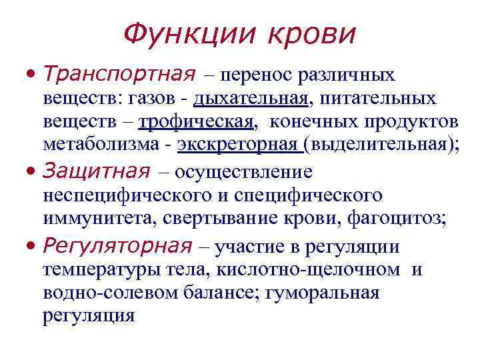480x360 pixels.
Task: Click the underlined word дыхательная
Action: coord(251,99)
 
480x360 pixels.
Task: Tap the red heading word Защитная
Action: coord(95,171)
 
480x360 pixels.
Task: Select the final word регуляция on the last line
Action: coord(88,315)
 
